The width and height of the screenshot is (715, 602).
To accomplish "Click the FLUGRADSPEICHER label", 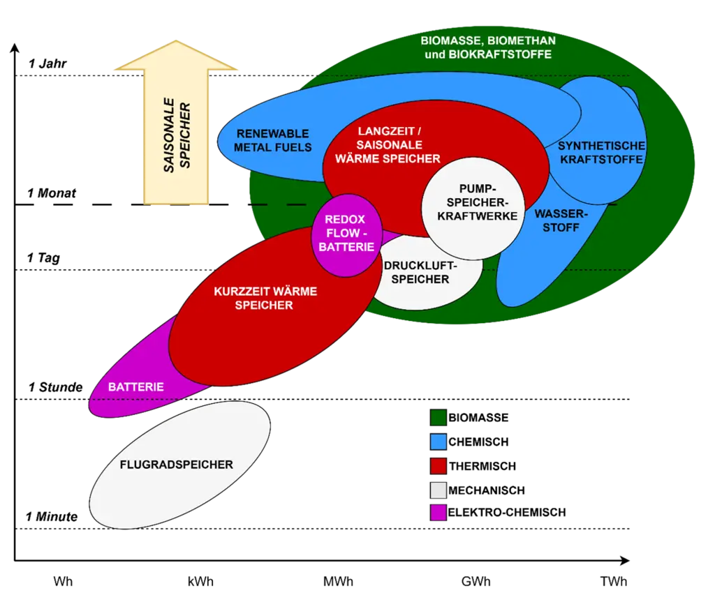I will pos(177,465).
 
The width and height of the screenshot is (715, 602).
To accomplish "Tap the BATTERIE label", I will pos(136,386).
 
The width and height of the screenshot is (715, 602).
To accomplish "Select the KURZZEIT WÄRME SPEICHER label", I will pos(265,298).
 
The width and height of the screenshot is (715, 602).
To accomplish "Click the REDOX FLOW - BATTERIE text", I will pos(346,233).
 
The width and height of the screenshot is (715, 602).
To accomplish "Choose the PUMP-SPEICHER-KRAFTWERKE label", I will pos(478,202).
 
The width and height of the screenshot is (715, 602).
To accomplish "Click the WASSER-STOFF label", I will pos(561,220).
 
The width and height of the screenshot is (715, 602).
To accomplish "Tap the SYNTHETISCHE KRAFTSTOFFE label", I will pos(600,153).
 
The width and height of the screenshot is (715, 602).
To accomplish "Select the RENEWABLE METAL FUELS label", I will pos(272,140).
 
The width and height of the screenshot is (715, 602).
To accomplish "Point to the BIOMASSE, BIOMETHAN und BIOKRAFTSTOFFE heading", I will pos(487,47).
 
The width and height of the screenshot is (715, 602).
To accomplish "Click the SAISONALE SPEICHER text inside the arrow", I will pos(177,135).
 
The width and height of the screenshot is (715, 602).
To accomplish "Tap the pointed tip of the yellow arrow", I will pos(176,43).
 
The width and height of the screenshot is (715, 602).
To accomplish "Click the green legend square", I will pos(438,418).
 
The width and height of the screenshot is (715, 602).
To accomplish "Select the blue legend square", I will pos(438,442).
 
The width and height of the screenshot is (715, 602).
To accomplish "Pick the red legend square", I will pos(438,465).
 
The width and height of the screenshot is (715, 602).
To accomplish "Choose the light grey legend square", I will pos(438,489).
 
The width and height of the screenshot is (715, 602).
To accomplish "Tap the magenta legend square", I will pos(438,513).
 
